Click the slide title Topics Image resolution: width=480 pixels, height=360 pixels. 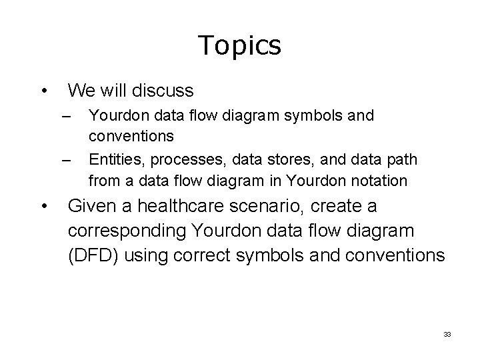pos(240,45)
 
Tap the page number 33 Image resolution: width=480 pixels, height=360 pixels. pos(447,333)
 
